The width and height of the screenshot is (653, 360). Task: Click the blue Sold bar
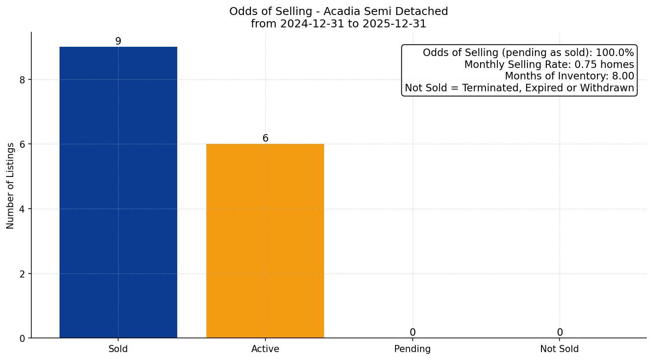(x=118, y=192)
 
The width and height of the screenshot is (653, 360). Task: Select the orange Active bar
(x=265, y=241)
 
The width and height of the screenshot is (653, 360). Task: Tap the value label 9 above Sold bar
(x=118, y=41)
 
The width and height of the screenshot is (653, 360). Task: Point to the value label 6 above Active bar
(x=265, y=138)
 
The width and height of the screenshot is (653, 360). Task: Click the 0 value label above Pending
(x=412, y=332)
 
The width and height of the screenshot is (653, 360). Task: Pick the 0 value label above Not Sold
(x=560, y=332)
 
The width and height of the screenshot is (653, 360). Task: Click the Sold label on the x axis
(x=118, y=349)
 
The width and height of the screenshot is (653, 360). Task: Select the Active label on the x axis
(x=265, y=349)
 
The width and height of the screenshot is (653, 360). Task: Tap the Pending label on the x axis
(x=412, y=349)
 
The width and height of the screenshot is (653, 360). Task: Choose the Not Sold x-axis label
(x=559, y=349)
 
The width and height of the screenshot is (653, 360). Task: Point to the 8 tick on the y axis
(x=22, y=80)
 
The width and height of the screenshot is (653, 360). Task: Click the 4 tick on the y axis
(x=22, y=209)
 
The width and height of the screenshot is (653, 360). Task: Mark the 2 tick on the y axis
(x=22, y=274)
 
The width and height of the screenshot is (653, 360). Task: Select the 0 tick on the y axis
(x=22, y=338)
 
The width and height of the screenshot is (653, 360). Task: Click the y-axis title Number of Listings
(x=11, y=185)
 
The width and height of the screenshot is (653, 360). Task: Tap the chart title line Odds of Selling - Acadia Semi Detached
(x=338, y=11)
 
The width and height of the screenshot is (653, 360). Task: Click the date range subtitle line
(x=338, y=24)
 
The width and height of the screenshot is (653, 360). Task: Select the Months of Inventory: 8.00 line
(x=569, y=76)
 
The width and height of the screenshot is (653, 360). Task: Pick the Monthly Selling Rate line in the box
(x=549, y=64)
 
